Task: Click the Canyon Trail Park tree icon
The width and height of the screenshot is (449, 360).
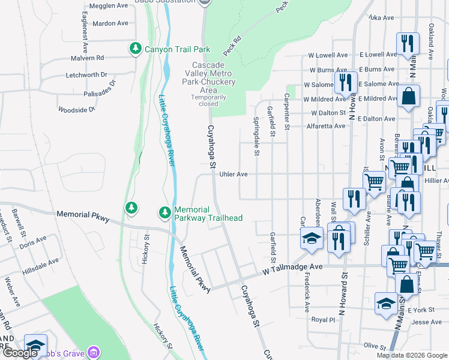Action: pos(136,49)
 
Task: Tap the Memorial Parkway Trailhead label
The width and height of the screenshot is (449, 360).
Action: pos(208,214)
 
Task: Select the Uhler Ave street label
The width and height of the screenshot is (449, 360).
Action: pos(234,174)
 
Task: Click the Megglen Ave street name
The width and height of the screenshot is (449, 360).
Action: pos(108,5)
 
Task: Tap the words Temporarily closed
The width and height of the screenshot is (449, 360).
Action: pos(208,100)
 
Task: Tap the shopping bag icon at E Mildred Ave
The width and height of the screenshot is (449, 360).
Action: pos(408,96)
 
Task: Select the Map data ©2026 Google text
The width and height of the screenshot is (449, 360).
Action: pos(411,355)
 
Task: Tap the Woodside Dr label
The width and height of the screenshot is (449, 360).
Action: pos(76,110)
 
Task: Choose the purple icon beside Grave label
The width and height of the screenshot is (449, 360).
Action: pos(92,353)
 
